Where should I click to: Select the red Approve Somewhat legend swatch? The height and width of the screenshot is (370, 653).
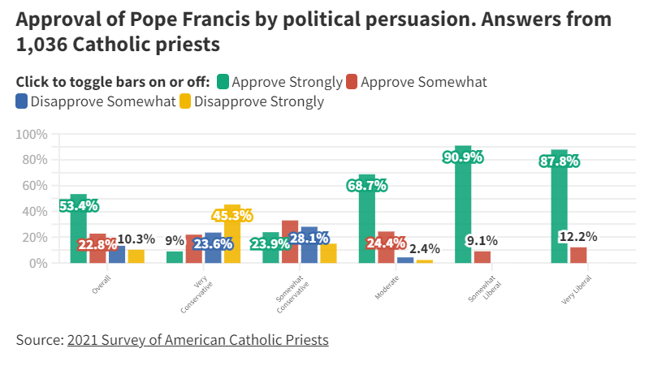[x=351, y=82]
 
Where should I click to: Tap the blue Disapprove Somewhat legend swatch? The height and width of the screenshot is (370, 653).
[x=22, y=101]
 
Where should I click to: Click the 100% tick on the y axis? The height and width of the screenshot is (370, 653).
[x=32, y=134]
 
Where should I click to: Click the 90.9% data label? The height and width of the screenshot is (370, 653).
[x=463, y=157]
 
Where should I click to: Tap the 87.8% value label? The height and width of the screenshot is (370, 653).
[x=559, y=161]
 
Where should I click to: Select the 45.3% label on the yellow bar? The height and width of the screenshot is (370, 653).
[x=232, y=216]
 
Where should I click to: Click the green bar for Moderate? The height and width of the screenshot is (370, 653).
[x=367, y=219]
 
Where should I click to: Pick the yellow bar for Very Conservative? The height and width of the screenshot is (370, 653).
[x=232, y=239]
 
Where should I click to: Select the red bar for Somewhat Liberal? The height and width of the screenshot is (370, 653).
[x=482, y=256]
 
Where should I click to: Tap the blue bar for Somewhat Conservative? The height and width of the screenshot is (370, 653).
[x=309, y=247]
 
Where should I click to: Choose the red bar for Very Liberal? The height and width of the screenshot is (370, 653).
[x=578, y=255]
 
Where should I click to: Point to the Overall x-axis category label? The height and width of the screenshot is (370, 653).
[x=100, y=285]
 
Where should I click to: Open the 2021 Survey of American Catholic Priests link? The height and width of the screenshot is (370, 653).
[x=197, y=340]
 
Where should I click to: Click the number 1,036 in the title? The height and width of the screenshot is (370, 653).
[x=42, y=45]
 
